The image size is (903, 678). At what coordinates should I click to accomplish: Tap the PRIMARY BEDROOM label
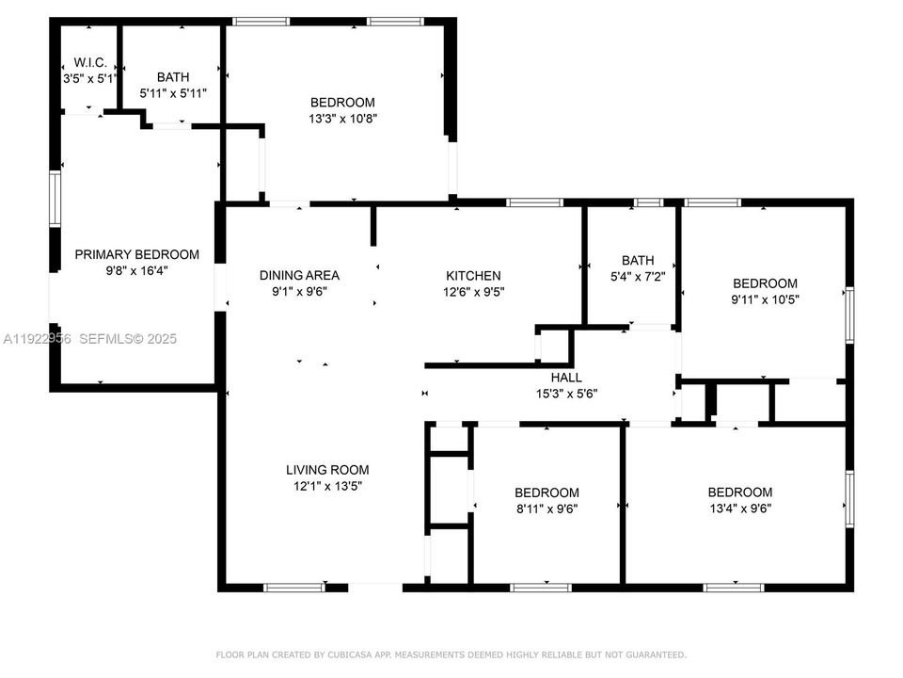point(137,254)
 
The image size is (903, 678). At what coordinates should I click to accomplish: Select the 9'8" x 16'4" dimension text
point(137,270)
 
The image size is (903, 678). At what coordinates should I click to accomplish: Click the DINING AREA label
point(299,276)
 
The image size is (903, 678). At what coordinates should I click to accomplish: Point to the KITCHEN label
point(473,276)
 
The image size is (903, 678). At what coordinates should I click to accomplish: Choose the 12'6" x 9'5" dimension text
point(473,292)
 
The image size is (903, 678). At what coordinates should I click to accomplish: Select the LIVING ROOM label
point(327,470)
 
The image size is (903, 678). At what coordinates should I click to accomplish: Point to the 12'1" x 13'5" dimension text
point(327,486)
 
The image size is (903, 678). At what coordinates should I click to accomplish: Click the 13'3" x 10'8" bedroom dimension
point(342,119)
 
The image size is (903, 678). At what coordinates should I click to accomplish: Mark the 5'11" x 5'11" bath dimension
point(173,93)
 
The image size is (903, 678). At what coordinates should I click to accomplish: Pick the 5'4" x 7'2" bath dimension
point(638,277)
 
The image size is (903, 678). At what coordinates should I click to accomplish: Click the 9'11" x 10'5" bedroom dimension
point(765,299)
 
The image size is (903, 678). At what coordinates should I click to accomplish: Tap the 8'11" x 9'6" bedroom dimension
point(547,508)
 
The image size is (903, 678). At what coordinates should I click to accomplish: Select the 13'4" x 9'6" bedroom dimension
point(739,508)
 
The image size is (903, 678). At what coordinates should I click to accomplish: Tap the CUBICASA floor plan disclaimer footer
point(451,654)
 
